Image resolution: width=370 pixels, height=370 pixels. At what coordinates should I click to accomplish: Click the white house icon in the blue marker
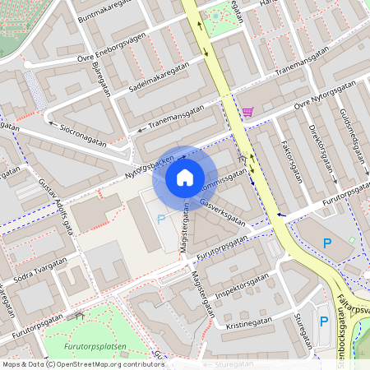185,177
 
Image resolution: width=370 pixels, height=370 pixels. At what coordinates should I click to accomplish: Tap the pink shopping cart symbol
247,112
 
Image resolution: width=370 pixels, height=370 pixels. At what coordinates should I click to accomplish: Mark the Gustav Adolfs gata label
58,198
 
